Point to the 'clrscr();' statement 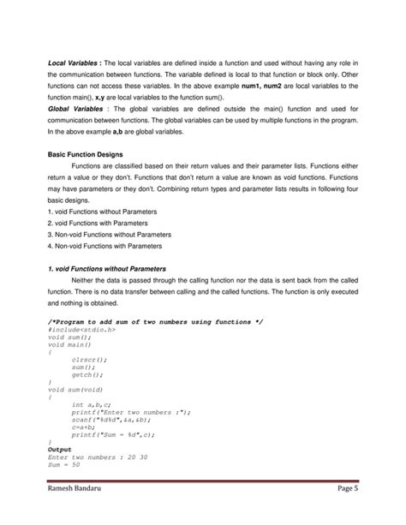87,359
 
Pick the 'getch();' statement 87,374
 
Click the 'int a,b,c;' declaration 91,404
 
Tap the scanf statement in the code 111,419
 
